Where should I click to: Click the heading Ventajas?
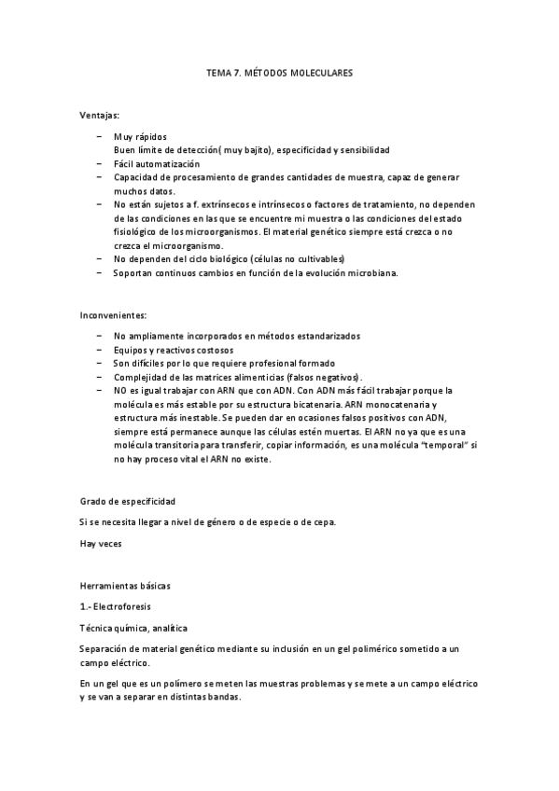coord(99,116)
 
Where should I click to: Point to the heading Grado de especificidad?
coord(127,502)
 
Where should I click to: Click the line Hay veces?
coord(100,542)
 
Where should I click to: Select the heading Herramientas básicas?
coord(125,586)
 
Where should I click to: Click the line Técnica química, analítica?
coord(133,626)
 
